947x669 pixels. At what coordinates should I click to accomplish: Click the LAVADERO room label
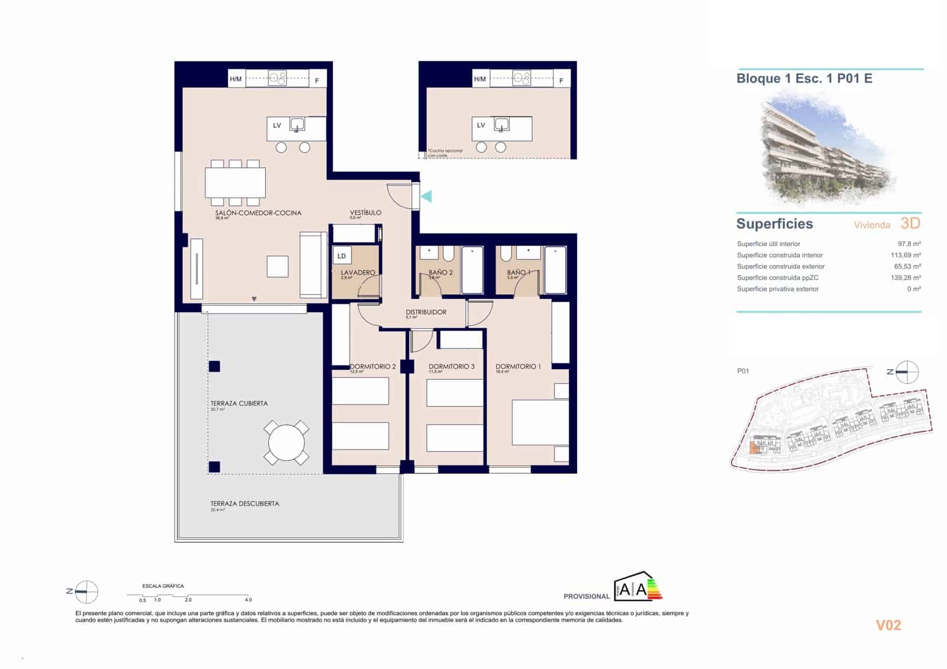(x=357, y=273)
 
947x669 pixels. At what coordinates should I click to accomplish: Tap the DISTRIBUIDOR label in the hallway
(x=426, y=312)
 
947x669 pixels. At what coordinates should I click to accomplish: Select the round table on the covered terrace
(x=286, y=442)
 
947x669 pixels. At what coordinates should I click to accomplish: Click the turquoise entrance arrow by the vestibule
(x=426, y=196)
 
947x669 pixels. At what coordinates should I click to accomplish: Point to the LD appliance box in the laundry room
(x=342, y=256)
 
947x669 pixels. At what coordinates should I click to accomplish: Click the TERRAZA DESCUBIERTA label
(x=244, y=503)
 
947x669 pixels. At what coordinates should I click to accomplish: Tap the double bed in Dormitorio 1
(x=539, y=422)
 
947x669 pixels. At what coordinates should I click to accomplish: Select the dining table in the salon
(x=235, y=183)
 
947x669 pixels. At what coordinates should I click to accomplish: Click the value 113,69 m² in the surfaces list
(x=905, y=255)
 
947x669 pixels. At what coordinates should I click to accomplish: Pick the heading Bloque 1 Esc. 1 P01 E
(x=804, y=78)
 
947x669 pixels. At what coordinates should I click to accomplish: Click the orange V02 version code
(x=888, y=625)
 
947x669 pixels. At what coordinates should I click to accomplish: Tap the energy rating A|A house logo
(x=637, y=587)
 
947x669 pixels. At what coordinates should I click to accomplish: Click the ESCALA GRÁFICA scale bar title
(x=163, y=586)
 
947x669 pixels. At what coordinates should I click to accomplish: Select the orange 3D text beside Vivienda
(x=910, y=223)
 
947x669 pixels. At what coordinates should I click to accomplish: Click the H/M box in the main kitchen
(x=236, y=79)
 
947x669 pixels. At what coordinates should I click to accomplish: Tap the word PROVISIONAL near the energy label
(x=586, y=596)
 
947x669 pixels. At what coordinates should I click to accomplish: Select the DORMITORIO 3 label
(x=451, y=366)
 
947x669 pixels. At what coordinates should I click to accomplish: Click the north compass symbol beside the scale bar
(x=86, y=591)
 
